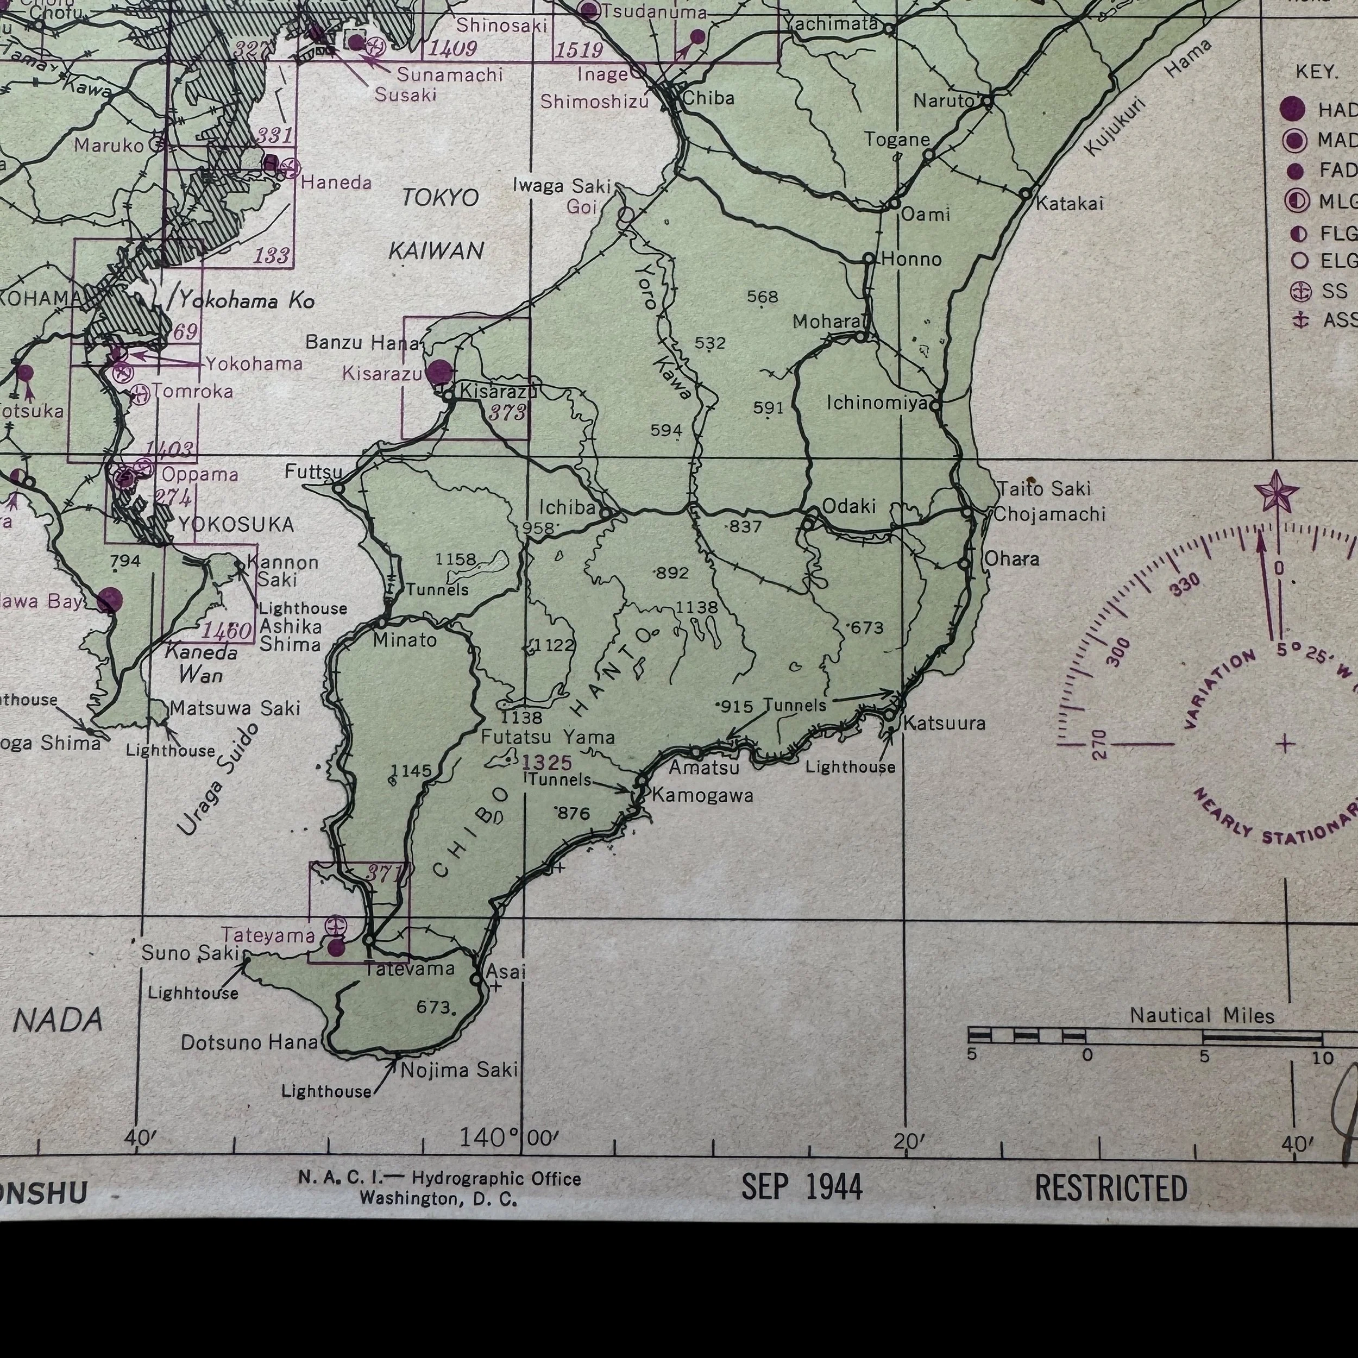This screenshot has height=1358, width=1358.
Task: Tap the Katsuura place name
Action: coord(944,722)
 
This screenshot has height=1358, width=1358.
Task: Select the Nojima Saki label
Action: coord(459,1070)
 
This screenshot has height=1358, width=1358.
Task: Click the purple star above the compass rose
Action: coord(1276,492)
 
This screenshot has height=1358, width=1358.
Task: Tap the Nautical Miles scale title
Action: coord(1202,1016)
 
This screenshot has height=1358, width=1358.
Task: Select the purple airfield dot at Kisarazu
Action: coord(439,371)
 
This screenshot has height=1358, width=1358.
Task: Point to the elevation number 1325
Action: coord(547,762)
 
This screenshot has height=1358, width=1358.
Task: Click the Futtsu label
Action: coord(313,471)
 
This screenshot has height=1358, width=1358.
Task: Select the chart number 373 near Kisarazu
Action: coord(507,413)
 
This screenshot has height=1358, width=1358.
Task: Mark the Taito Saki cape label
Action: coord(1044,488)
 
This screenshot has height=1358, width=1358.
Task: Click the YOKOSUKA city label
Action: coord(235,524)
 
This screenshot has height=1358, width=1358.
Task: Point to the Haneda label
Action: coord(336,183)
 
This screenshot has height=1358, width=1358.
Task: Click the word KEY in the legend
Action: coord(1316,72)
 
